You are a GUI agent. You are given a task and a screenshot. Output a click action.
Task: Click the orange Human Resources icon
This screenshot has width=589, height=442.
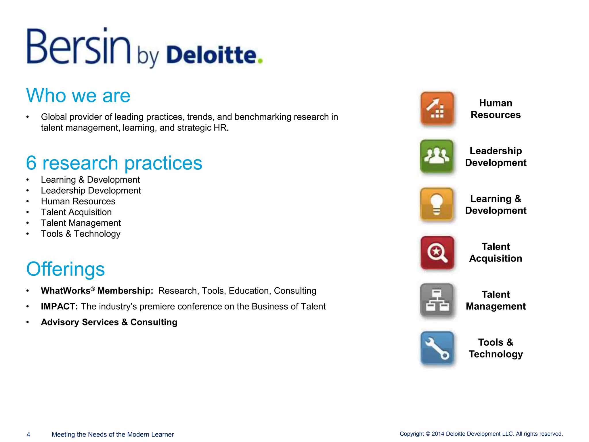(437, 108)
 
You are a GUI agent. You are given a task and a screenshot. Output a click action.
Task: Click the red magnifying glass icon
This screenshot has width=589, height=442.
(437, 253)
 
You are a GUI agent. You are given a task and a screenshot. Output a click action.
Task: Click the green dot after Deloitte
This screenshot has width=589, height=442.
(260, 61)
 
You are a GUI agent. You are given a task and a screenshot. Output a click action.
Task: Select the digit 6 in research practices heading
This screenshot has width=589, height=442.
(31, 163)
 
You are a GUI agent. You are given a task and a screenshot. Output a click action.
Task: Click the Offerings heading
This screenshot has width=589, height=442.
(66, 269)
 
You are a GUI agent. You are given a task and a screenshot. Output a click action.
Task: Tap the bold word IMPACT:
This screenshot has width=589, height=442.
(59, 306)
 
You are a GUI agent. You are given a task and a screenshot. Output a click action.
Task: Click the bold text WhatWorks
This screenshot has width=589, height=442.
(66, 291)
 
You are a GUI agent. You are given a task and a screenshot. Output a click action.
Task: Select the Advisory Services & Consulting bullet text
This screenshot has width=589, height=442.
(109, 322)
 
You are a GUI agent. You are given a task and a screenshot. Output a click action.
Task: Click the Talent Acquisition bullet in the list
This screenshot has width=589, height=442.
(76, 212)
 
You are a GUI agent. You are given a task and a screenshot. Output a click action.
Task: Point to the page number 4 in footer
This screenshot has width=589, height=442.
(28, 435)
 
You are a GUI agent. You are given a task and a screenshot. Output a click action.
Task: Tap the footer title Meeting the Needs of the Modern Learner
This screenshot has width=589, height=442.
(112, 435)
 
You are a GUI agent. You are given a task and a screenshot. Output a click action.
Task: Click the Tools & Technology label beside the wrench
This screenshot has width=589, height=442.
(496, 348)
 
